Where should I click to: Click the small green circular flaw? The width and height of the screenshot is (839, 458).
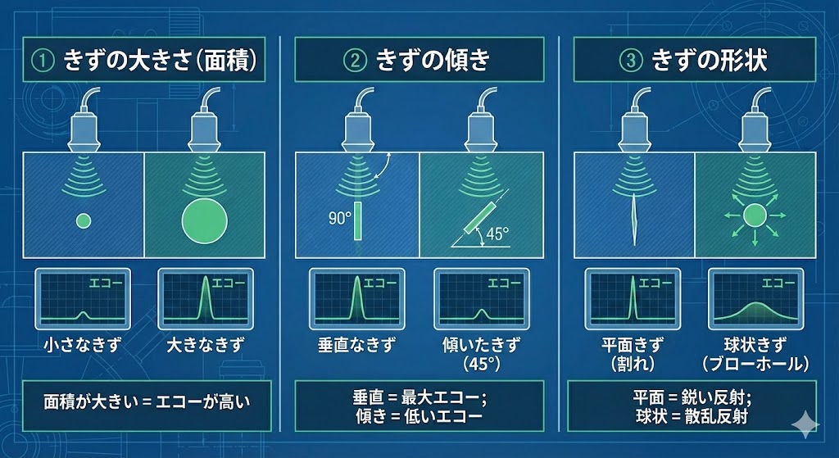pyautogui.click(x=83, y=220)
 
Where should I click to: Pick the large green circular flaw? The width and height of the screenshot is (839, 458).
pyautogui.click(x=202, y=220)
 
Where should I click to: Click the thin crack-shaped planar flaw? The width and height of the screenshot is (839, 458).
pyautogui.click(x=634, y=218)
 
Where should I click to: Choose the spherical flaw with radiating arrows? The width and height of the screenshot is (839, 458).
pyautogui.click(x=754, y=216)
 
